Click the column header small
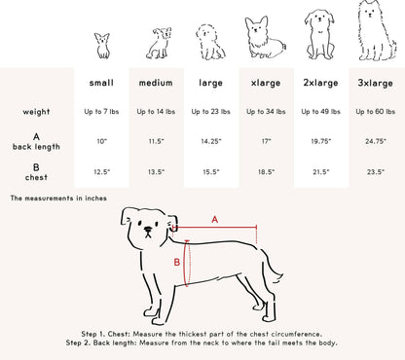[101, 84]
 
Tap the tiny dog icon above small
[101, 45]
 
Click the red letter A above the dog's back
[215, 220]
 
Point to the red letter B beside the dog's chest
[176, 263]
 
